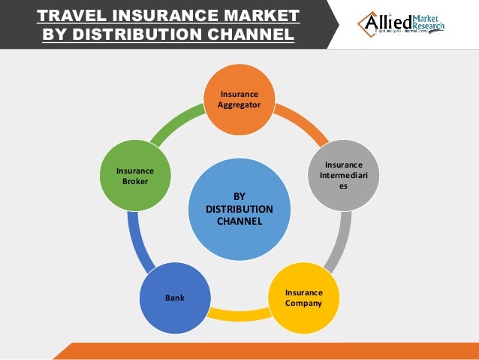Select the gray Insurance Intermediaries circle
tap(343, 174)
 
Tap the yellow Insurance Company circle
tap(303, 298)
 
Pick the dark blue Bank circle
tap(174, 298)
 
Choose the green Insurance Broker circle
tap(135, 175)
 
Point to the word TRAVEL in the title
tap(76, 17)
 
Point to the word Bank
tap(174, 298)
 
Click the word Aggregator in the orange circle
tap(239, 104)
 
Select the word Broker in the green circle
tap(135, 181)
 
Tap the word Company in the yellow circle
tap(303, 304)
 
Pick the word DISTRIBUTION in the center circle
tap(239, 209)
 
